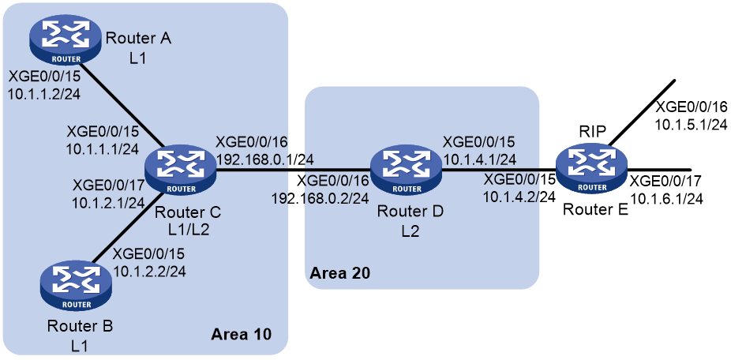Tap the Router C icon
(181, 171)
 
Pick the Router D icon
(406, 171)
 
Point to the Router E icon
(591, 171)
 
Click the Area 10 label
(241, 335)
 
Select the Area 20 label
(340, 273)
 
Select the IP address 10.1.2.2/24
(149, 271)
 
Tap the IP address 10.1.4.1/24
(479, 159)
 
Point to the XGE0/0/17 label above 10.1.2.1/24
(107, 186)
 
